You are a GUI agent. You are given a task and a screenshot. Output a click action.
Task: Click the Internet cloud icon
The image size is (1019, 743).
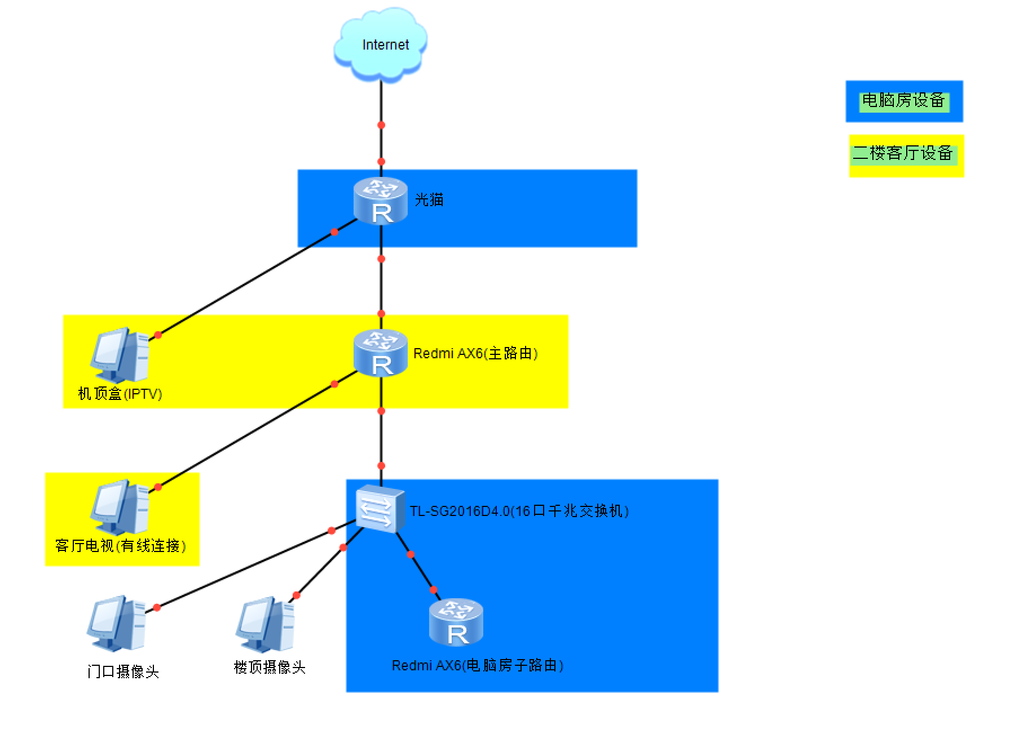click(380, 45)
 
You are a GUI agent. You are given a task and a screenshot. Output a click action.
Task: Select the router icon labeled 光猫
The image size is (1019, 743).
click(381, 201)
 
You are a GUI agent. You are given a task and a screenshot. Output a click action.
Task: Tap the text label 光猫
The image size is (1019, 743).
click(429, 199)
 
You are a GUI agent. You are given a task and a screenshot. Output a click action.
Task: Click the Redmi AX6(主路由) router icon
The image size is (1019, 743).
click(381, 353)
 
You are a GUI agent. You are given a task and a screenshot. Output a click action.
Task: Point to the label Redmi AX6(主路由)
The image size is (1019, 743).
click(475, 353)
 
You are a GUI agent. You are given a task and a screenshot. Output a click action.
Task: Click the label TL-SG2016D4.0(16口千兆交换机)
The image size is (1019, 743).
click(519, 511)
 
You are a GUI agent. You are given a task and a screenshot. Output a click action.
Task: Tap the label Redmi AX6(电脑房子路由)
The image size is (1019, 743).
click(478, 665)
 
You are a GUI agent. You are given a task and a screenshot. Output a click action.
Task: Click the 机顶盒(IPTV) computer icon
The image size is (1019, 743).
click(120, 355)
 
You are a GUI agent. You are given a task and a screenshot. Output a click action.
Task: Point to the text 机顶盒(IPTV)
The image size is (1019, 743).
click(120, 393)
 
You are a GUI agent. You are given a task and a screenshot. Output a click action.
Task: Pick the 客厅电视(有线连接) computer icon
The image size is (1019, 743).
click(120, 507)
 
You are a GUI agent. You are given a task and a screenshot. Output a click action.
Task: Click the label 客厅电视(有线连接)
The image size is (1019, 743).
click(120, 545)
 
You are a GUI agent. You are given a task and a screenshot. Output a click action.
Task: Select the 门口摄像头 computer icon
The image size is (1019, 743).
click(117, 623)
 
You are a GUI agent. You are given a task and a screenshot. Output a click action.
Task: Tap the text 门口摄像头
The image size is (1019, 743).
click(123, 671)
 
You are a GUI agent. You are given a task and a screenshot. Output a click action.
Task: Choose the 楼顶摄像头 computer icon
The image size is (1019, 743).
click(266, 624)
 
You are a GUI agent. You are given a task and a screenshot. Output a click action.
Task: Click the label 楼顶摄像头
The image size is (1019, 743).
click(270, 667)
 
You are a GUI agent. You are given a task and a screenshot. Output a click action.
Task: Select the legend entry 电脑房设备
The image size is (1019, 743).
click(903, 101)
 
